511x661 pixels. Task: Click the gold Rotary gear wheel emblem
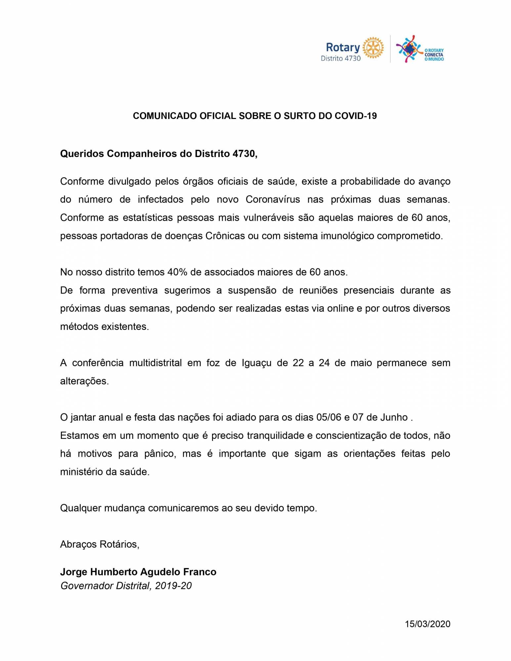point(373,48)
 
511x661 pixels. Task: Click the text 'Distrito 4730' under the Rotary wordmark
point(341,58)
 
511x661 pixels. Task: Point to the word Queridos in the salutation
point(82,154)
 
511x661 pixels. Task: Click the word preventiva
point(134,291)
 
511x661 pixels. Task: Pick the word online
point(340,309)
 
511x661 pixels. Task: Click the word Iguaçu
point(254,363)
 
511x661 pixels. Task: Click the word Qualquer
point(81,508)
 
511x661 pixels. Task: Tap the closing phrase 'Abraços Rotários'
point(99,544)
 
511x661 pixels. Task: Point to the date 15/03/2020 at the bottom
point(428,624)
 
